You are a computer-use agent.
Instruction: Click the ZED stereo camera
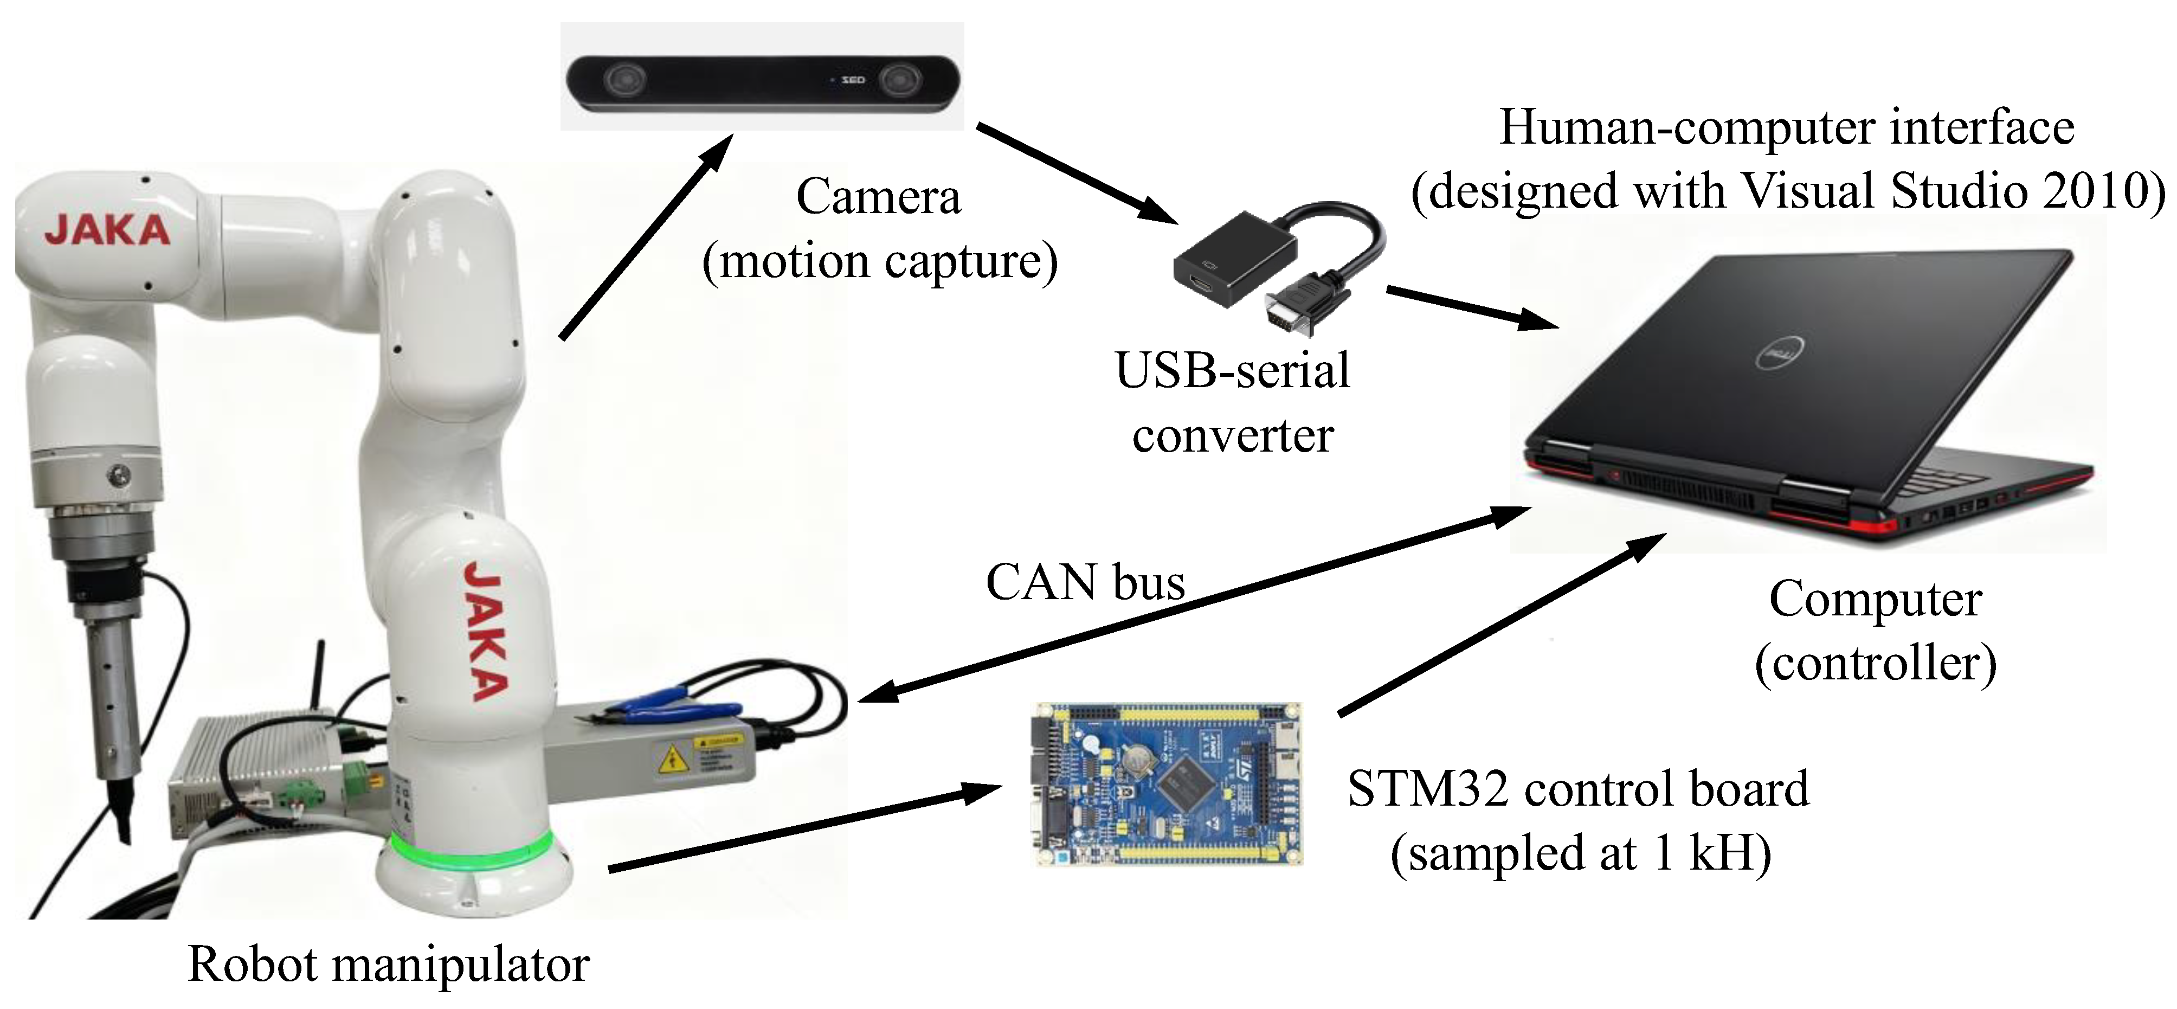(x=762, y=82)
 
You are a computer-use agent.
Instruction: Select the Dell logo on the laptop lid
(x=1781, y=354)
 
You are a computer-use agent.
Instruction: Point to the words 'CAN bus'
(x=1085, y=582)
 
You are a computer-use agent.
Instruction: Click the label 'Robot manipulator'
(x=388, y=964)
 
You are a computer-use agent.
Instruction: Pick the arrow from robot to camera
(x=647, y=236)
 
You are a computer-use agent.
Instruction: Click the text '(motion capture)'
(x=880, y=262)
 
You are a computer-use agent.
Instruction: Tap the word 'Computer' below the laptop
(x=1875, y=600)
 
